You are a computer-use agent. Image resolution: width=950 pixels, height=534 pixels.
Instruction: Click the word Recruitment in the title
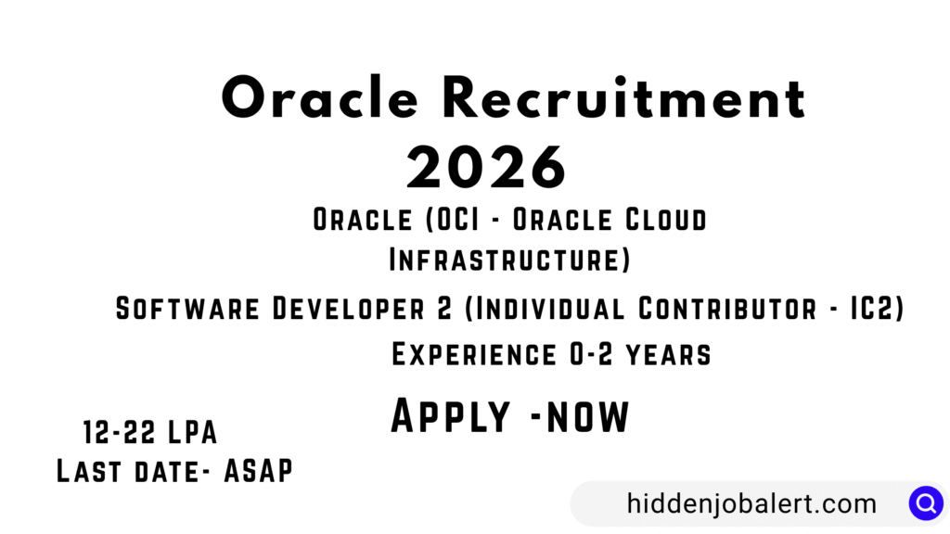[624, 98]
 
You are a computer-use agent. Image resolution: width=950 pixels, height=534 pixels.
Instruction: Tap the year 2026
[486, 167]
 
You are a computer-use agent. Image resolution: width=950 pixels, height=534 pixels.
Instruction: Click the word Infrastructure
[504, 260]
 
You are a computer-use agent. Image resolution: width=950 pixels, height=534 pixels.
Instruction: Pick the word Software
[187, 308]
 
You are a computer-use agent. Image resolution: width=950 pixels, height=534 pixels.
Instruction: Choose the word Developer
[349, 308]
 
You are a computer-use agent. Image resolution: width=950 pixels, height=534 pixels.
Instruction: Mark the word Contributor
[727, 308]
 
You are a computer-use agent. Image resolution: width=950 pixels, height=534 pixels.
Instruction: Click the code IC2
[872, 308]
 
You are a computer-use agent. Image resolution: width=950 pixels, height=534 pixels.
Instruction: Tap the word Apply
[451, 415]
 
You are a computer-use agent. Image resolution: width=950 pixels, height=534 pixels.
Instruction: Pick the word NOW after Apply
[587, 417]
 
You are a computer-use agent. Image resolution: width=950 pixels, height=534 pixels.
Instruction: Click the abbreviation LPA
[192, 432]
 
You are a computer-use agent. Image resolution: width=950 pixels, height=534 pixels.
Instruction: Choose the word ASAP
[259, 471]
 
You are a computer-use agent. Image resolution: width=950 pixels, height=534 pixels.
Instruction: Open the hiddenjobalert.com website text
[751, 503]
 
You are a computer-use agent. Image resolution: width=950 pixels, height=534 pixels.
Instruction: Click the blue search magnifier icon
[926, 503]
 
